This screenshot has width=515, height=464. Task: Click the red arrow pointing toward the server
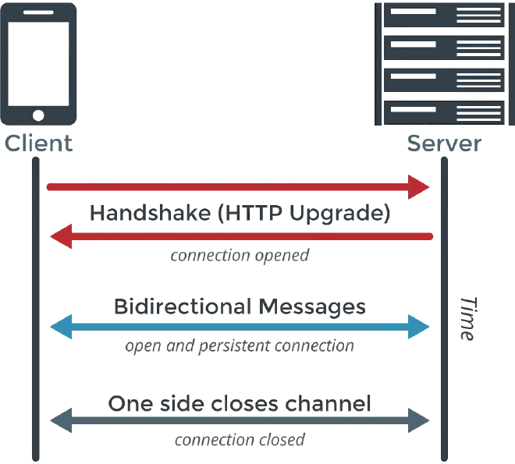[234, 186]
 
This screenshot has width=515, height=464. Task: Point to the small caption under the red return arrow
[240, 254]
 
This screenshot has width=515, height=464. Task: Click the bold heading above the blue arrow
[240, 306]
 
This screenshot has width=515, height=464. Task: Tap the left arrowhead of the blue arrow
[57, 328]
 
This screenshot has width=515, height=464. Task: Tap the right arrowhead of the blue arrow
[421, 328]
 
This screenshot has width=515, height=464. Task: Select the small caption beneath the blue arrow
[240, 345]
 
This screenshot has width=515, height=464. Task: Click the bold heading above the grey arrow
[240, 403]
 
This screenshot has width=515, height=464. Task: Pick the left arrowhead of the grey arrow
[55, 421]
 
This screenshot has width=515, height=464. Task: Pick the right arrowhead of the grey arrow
[421, 421]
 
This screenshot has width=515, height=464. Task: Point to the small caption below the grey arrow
[240, 441]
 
